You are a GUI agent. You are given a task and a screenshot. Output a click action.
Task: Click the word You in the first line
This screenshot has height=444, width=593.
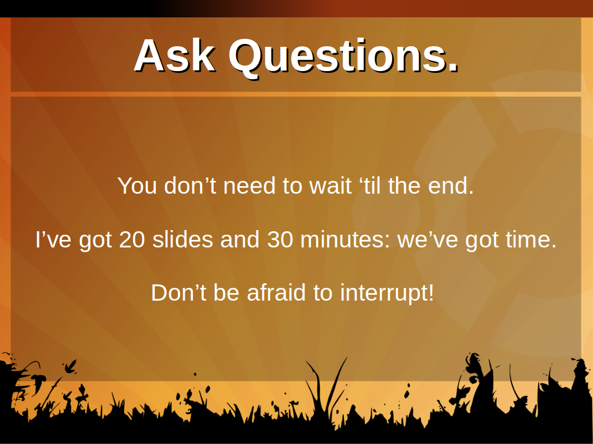(x=137, y=186)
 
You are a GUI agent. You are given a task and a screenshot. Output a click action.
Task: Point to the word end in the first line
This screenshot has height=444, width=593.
(x=447, y=186)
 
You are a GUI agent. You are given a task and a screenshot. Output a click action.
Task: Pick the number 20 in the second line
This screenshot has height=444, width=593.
(x=132, y=239)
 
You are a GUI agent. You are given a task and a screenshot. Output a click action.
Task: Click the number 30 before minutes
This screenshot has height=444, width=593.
(x=280, y=239)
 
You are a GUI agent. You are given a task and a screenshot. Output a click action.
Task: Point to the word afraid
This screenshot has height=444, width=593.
(x=276, y=293)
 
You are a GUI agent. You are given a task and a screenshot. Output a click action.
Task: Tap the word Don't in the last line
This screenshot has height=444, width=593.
(x=178, y=293)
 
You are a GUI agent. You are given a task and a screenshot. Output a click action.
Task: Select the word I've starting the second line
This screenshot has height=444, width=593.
(x=53, y=239)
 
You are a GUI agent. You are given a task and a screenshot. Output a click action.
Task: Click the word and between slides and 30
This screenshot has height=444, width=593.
(x=240, y=239)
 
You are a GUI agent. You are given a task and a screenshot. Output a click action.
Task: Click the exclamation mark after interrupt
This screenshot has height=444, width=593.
(x=430, y=293)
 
